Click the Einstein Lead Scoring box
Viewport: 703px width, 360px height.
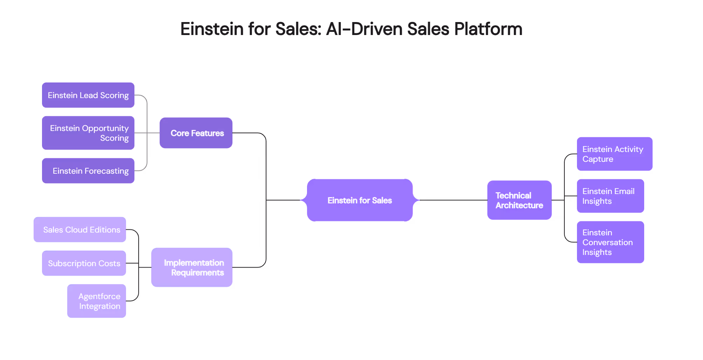point(88,95)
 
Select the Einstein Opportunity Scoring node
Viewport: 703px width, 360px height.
point(88,133)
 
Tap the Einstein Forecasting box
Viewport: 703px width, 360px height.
point(88,171)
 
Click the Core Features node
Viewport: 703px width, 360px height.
point(196,133)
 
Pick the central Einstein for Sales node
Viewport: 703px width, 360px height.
point(360,200)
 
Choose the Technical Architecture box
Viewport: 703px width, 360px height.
point(520,200)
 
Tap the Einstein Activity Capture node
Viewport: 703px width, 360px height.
point(615,154)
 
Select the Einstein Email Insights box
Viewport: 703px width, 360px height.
point(611,196)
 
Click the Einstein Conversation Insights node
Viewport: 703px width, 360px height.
point(611,242)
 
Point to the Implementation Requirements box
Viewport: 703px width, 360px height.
point(192,268)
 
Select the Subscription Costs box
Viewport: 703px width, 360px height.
point(84,263)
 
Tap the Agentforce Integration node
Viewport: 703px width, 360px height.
point(97,301)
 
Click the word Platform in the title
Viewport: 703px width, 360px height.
point(488,29)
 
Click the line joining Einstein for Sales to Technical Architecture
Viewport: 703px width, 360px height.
point(452,200)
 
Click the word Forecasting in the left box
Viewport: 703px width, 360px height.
point(106,171)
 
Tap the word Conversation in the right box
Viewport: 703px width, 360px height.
point(607,242)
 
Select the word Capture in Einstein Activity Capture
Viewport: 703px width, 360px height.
point(598,159)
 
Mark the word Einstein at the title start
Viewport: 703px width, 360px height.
point(211,29)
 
